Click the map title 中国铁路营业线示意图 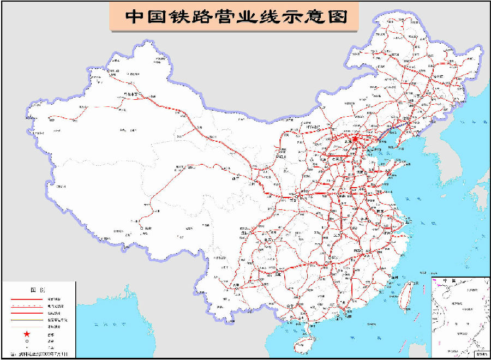[x=236, y=16]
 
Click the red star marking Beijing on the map [x=355, y=140]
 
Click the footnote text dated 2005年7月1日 [x=44, y=354]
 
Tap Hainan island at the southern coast [x=301, y=345]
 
